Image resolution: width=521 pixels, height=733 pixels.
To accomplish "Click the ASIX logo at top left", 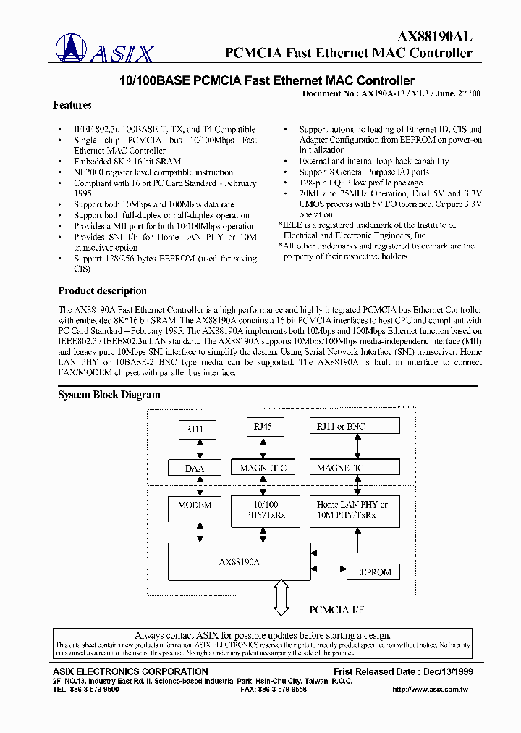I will (106, 49).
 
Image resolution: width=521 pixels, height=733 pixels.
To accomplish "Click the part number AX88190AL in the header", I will (434, 37).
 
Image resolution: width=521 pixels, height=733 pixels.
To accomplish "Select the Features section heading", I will (72, 105).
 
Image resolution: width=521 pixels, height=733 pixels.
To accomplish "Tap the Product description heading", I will (102, 291).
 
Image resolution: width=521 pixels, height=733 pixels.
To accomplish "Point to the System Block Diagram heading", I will (109, 395).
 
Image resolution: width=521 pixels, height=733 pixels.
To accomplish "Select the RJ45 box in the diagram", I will (264, 428).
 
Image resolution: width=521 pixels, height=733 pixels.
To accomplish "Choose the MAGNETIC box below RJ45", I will (263, 469).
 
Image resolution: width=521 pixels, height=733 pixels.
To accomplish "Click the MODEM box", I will (195, 510).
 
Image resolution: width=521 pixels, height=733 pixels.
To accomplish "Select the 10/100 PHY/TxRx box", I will (263, 510).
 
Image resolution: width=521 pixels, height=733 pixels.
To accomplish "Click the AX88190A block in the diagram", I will (240, 561).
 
